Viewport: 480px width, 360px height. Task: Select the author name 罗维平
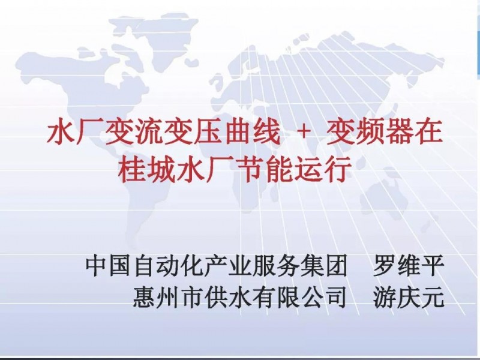(409, 265)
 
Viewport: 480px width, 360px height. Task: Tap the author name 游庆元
(409, 297)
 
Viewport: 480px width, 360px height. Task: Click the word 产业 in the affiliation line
(228, 265)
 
